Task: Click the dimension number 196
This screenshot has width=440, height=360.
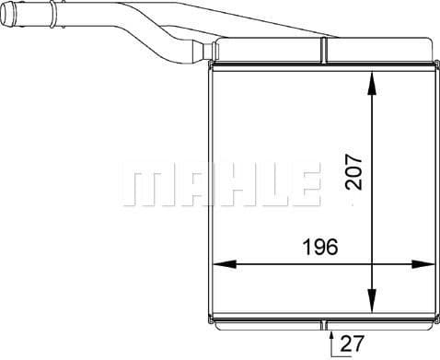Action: pyautogui.click(x=319, y=248)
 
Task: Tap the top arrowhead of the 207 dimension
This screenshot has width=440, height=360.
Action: pyautogui.click(x=372, y=81)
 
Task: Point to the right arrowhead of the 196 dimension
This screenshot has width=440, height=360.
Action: pyautogui.click(x=423, y=265)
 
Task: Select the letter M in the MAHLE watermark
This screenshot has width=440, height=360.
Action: pyautogui.click(x=145, y=187)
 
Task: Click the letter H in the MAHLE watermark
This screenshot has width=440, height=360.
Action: pyautogui.click(x=226, y=187)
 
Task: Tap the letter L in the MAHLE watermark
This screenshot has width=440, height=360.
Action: pyautogui.click(x=266, y=187)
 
